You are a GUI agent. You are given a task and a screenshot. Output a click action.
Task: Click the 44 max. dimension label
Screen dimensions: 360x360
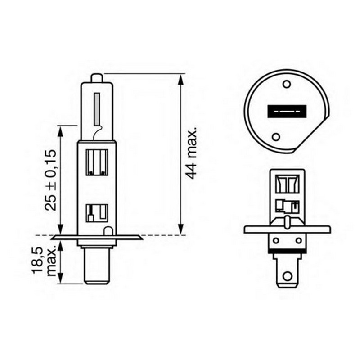pyautogui.click(x=191, y=153)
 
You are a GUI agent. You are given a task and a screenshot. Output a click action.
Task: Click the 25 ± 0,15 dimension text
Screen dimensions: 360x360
pyautogui.click(x=50, y=180)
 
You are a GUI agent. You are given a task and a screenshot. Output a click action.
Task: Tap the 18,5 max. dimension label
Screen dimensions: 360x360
pyautogui.click(x=44, y=261)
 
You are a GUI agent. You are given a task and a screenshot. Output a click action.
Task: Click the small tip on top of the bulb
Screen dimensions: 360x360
pyautogui.click(x=96, y=78)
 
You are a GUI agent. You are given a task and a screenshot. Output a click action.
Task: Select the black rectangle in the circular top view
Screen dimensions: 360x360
pyautogui.click(x=287, y=112)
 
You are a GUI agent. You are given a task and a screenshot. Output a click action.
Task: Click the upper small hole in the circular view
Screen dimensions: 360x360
pyautogui.click(x=287, y=84)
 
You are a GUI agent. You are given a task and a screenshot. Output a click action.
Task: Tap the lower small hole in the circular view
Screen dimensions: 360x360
pyautogui.click(x=276, y=137)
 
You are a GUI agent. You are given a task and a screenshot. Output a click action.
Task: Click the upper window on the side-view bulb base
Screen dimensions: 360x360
pyautogui.click(x=97, y=162)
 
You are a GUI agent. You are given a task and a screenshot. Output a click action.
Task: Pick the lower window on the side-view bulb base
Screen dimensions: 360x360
pyautogui.click(x=97, y=213)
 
